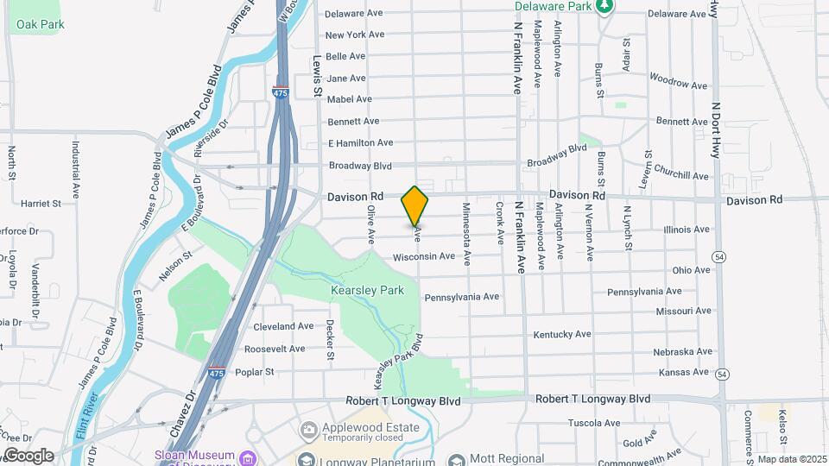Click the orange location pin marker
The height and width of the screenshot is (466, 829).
point(415,205)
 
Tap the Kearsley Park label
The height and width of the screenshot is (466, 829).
point(367,291)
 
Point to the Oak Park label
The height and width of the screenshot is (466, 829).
point(40,24)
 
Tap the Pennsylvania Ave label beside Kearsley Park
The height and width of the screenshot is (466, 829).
point(462,297)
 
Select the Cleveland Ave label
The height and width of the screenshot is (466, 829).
point(283,327)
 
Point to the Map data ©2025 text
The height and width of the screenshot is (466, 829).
point(791,459)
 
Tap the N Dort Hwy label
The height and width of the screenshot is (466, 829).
point(716,129)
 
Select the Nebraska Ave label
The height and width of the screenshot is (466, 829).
point(682,352)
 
